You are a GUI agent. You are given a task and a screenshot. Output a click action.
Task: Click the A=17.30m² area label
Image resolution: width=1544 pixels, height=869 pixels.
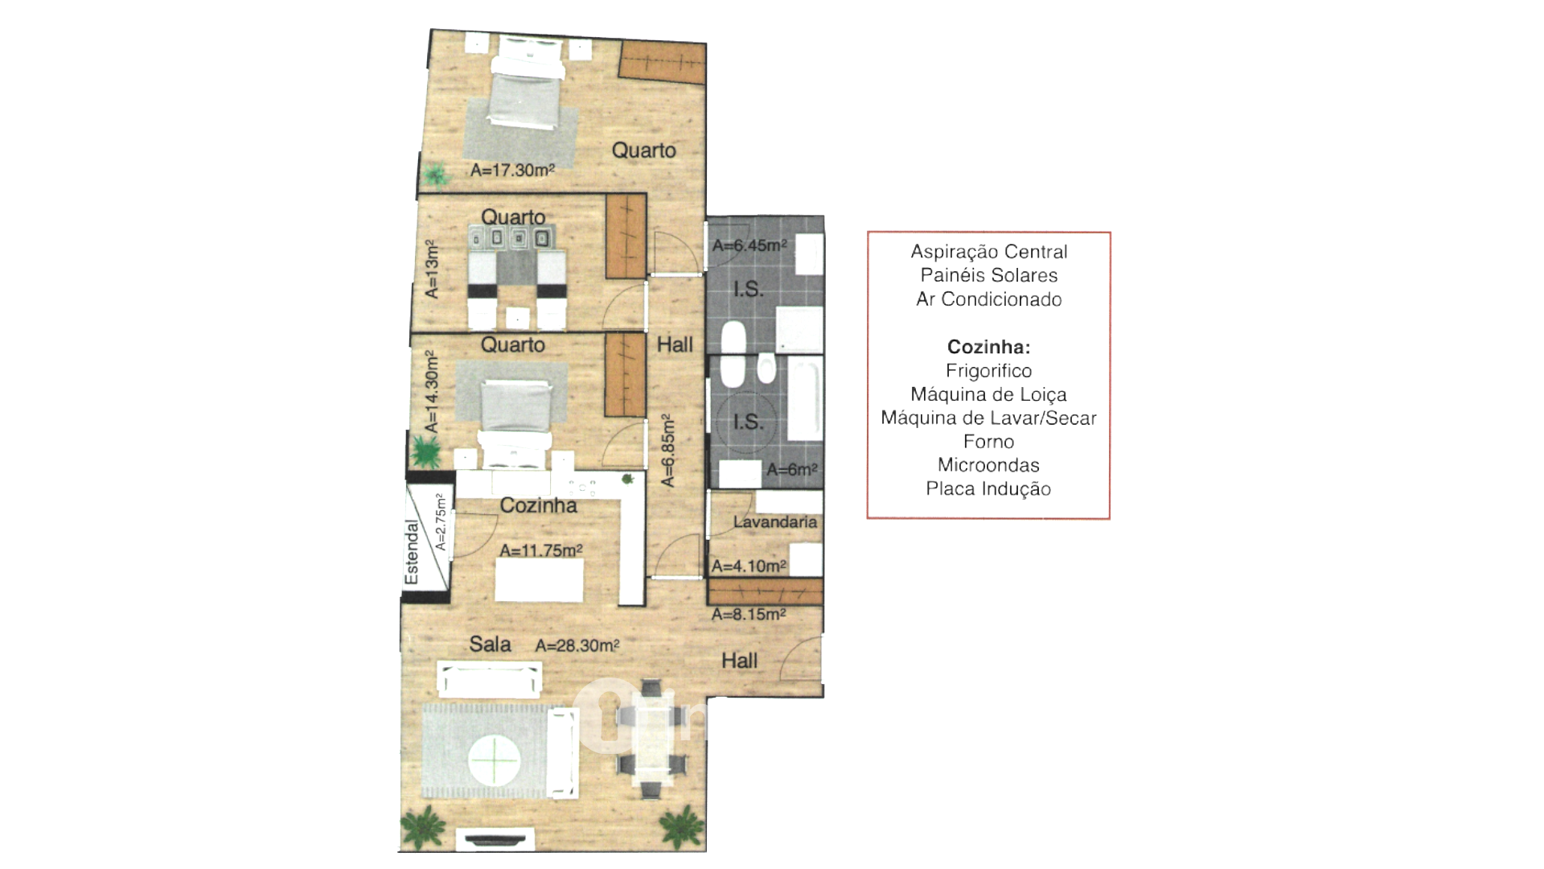tap(512, 171)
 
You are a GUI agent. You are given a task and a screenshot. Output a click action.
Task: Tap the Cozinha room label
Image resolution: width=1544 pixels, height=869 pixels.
tap(538, 505)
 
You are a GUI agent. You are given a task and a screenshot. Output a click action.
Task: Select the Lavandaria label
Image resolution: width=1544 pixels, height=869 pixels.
tap(774, 522)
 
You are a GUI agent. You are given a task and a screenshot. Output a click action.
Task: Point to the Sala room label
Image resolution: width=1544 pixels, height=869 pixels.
tap(490, 644)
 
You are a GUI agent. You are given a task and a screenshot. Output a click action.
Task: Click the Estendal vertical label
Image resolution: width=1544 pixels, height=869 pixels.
tap(412, 553)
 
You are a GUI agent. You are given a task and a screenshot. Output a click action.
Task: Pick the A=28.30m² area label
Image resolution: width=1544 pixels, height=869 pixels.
tap(577, 645)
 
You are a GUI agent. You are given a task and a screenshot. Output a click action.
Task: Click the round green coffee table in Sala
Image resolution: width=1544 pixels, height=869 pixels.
tap(495, 760)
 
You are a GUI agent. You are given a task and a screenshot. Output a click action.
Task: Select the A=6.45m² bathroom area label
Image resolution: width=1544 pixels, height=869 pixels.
tap(749, 245)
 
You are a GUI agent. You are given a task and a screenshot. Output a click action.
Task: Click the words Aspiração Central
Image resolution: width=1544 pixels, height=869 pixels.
tap(988, 252)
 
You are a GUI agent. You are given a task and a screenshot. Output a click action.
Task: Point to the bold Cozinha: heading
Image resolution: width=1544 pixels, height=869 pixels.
tap(988, 347)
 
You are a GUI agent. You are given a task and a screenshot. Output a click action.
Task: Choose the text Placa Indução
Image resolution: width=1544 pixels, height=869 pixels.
tap(988, 488)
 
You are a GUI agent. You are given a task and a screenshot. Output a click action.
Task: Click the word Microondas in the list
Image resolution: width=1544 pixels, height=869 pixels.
tap(988, 465)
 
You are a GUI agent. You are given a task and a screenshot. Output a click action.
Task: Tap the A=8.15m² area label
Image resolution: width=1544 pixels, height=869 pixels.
tap(748, 615)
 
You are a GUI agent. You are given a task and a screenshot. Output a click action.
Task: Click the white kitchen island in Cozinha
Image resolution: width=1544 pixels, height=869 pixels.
tap(539, 579)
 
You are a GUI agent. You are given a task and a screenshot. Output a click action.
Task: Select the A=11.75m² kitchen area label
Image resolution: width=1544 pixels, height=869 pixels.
tap(540, 550)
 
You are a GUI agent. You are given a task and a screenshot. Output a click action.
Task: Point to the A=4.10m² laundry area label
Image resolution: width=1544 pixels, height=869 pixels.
tap(748, 566)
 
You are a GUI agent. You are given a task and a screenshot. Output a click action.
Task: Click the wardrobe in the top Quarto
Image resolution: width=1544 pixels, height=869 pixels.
tap(663, 62)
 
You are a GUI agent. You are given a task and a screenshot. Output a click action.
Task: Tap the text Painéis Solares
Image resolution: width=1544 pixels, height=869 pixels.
tap(988, 275)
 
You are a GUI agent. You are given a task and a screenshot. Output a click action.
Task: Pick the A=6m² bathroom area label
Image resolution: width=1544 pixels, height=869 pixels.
tap(791, 470)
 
